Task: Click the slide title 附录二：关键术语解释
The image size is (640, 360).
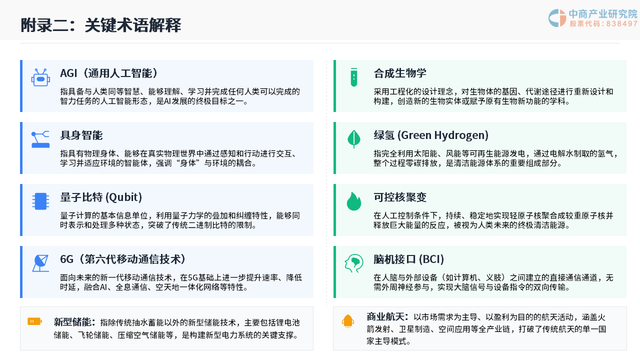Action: click(x=101, y=25)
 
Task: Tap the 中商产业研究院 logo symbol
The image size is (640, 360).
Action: click(x=557, y=18)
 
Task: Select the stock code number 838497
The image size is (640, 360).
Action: click(x=621, y=23)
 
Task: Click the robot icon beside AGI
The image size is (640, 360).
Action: click(x=40, y=77)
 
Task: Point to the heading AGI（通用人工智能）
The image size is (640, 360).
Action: click(x=108, y=73)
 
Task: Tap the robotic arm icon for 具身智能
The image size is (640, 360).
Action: click(x=40, y=139)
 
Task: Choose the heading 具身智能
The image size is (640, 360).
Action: click(x=81, y=135)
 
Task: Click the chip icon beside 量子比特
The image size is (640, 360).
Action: click(x=40, y=201)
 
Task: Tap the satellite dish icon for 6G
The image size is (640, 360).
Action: click(x=40, y=263)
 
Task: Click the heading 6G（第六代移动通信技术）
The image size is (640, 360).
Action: click(x=122, y=259)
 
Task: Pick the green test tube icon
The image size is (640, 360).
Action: click(x=354, y=77)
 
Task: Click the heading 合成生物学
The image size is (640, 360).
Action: click(x=400, y=73)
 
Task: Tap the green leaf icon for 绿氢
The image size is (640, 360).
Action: click(x=354, y=139)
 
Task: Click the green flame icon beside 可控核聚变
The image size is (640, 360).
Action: click(x=354, y=201)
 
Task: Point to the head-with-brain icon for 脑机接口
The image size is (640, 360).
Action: click(x=354, y=263)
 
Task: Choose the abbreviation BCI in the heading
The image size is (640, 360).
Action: click(x=431, y=259)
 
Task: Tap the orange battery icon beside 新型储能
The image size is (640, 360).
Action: click(x=35, y=321)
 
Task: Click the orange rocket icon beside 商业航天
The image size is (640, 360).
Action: click(x=348, y=321)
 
